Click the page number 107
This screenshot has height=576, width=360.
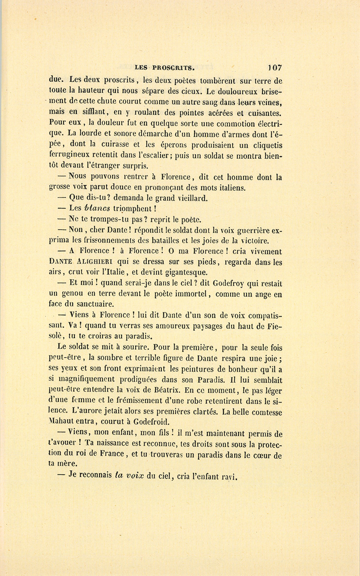coord(275,68)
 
